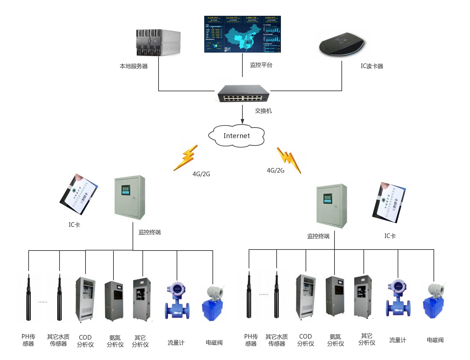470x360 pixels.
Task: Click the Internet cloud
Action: click(x=236, y=136)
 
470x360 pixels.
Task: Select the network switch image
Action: click(x=242, y=91)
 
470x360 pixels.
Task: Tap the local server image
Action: click(x=159, y=43)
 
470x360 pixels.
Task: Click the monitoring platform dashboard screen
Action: click(x=242, y=34)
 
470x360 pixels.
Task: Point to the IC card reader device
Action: click(x=342, y=44)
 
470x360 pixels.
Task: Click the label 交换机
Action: click(x=263, y=111)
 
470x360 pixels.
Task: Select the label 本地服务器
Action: click(x=134, y=66)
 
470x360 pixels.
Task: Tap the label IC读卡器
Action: click(x=372, y=66)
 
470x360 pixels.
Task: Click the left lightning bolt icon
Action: click(x=186, y=158)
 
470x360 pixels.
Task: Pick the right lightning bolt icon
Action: click(x=289, y=159)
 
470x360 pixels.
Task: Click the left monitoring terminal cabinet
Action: click(x=133, y=197)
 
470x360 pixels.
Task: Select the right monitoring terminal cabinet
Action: click(x=334, y=205)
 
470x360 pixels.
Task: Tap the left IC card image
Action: click(x=79, y=194)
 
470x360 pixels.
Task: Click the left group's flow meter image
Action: click(x=177, y=300)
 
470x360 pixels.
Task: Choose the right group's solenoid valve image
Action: click(x=433, y=301)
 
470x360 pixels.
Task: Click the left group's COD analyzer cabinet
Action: click(x=86, y=300)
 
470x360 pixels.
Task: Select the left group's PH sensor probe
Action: click(x=29, y=297)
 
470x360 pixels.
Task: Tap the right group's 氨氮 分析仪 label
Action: click(x=335, y=340)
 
